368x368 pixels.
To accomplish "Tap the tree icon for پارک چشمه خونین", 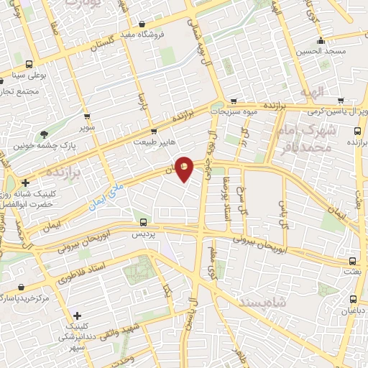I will (x=45, y=133).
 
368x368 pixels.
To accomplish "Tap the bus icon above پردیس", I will (x=143, y=222).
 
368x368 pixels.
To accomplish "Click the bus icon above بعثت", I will (x=352, y=261).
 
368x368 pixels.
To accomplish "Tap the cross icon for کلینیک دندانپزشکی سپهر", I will (x=76, y=316).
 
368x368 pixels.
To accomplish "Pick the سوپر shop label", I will (x=88, y=127).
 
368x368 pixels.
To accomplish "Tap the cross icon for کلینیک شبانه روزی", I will (x=25, y=183).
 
